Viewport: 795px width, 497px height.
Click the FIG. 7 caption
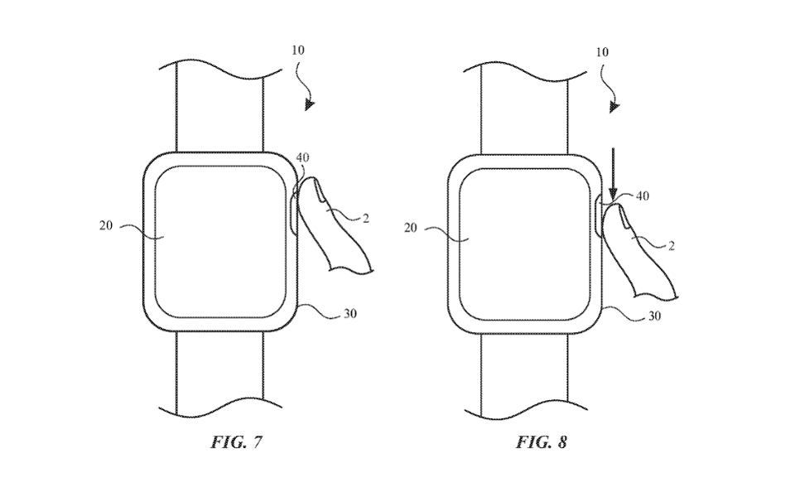pos(237,442)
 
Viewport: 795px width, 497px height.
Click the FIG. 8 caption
pos(542,442)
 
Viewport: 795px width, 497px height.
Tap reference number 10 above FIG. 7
pos(298,50)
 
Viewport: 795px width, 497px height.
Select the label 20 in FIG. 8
pos(411,226)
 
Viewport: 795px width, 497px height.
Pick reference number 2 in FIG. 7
pos(365,218)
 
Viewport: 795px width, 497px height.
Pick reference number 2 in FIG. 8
pos(672,245)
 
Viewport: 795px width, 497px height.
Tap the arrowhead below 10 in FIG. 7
pos(309,105)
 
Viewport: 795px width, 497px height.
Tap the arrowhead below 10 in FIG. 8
pos(614,106)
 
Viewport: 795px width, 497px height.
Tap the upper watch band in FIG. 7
pos(219,108)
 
